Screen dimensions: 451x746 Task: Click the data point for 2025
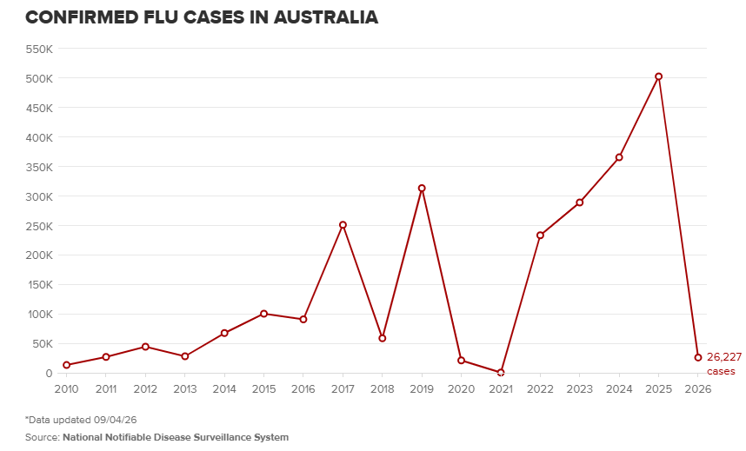pyautogui.click(x=658, y=76)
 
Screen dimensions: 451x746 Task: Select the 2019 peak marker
pyautogui.click(x=422, y=189)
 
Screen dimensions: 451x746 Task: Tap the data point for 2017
pyautogui.click(x=343, y=225)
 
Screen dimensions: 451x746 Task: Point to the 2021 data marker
pyautogui.click(x=501, y=372)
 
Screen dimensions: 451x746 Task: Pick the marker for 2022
pyautogui.click(x=540, y=235)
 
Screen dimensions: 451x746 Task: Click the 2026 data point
pyautogui.click(x=697, y=357)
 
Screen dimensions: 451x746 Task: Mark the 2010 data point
pyautogui.click(x=67, y=365)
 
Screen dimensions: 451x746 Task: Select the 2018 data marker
pyautogui.click(x=383, y=338)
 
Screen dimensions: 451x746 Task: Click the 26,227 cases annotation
pyautogui.click(x=723, y=363)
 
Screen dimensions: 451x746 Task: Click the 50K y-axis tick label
pyautogui.click(x=42, y=343)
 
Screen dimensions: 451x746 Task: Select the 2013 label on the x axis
pyautogui.click(x=185, y=389)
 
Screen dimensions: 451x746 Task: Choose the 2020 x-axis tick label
pyautogui.click(x=462, y=389)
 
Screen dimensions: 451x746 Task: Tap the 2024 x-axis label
pyautogui.click(x=619, y=389)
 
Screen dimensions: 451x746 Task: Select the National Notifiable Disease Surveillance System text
pyautogui.click(x=175, y=437)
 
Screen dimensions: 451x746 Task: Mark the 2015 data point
pyautogui.click(x=263, y=314)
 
